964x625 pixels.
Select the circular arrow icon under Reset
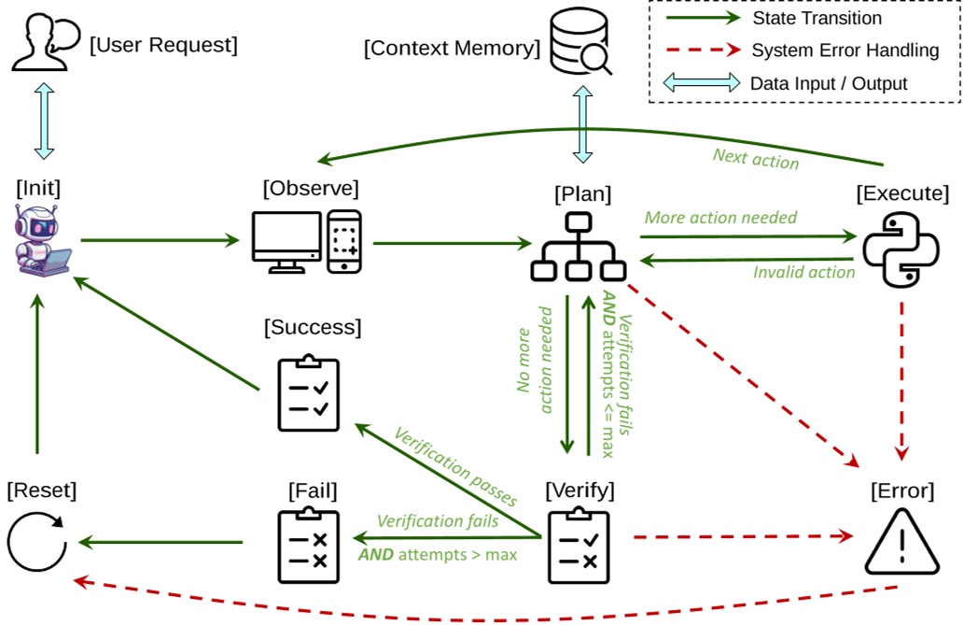(x=36, y=541)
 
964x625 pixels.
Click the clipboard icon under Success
(x=309, y=393)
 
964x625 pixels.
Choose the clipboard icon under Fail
(x=307, y=545)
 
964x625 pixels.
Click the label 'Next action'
(x=756, y=159)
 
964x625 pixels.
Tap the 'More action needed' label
(x=720, y=218)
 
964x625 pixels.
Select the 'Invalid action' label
(x=803, y=272)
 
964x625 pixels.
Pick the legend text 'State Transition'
(x=817, y=18)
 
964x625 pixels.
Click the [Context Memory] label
(x=452, y=48)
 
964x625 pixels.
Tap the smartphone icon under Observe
(x=345, y=241)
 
